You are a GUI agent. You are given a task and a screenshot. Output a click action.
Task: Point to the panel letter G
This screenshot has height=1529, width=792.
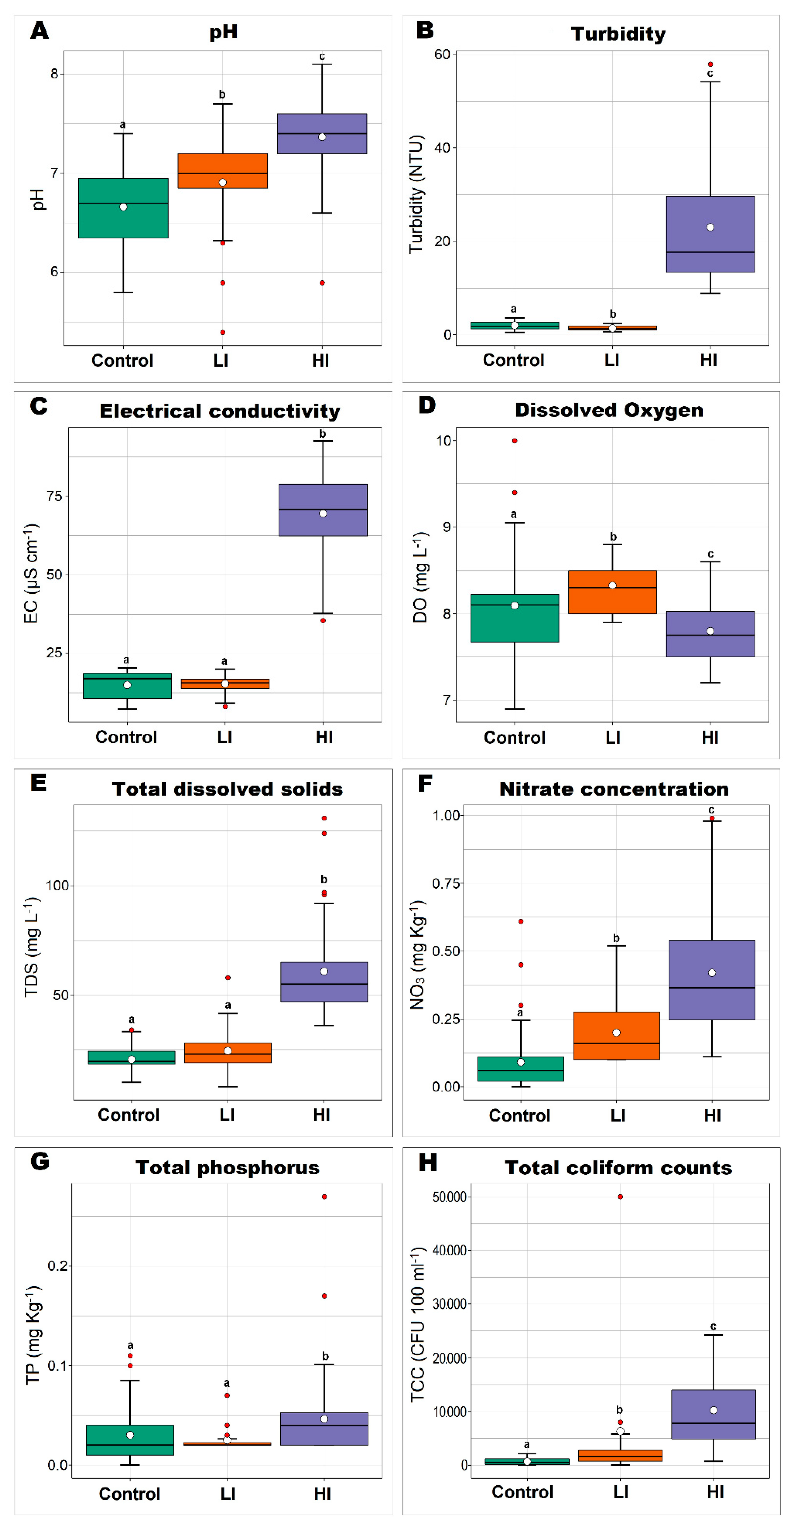(40, 1161)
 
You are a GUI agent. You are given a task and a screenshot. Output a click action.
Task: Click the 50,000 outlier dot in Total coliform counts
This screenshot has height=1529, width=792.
(621, 1197)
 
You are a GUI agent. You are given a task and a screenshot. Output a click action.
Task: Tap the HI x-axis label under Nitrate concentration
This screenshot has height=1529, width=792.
(713, 1115)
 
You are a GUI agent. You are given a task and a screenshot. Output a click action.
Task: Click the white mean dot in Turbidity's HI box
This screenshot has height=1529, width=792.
(710, 227)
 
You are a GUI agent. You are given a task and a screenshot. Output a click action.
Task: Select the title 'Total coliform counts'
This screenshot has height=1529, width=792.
(618, 1167)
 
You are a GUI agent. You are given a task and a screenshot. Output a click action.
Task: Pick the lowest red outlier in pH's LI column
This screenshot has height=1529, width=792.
(222, 332)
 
